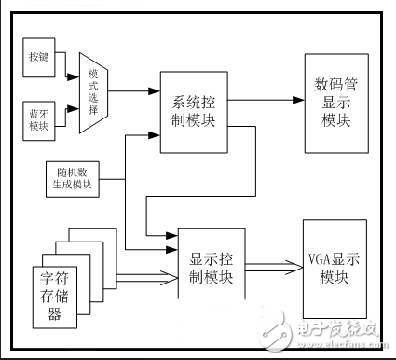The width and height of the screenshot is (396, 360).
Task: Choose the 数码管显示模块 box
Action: pos(333,97)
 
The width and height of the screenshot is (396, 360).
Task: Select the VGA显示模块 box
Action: pos(335,258)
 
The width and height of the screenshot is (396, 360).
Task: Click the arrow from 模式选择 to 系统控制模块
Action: pos(134,91)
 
